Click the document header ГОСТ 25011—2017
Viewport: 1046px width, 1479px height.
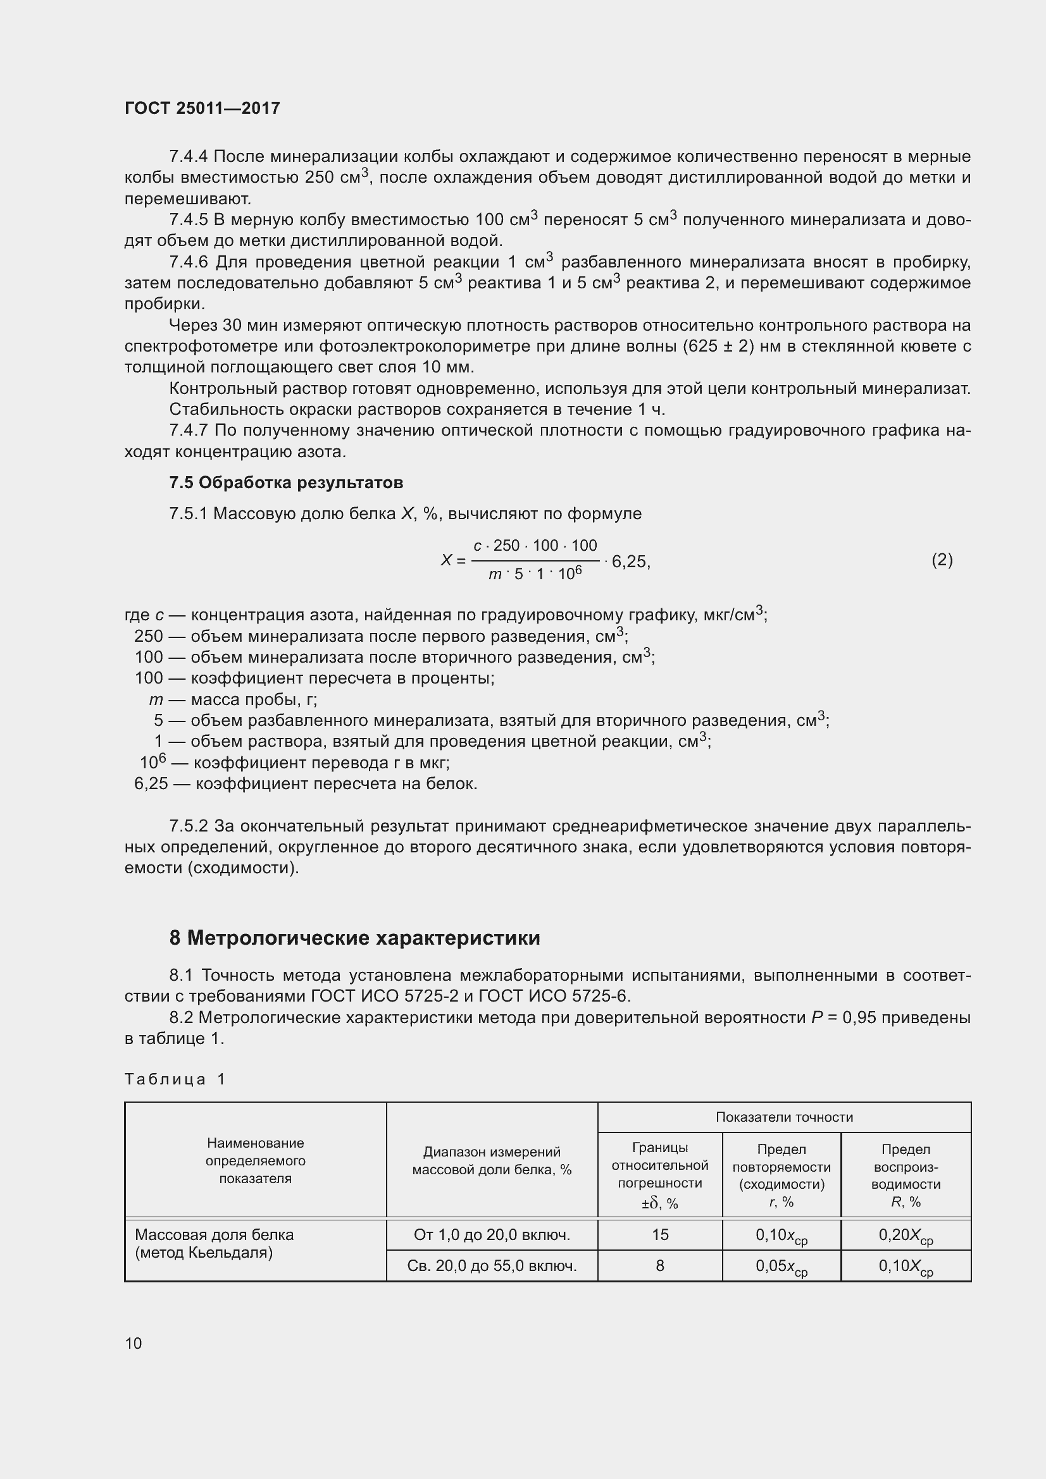pyautogui.click(x=202, y=108)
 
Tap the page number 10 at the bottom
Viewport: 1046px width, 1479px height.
pyautogui.click(x=134, y=1343)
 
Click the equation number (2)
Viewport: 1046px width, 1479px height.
pyautogui.click(x=942, y=560)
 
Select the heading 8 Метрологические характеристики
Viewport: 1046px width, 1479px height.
pyautogui.click(x=354, y=938)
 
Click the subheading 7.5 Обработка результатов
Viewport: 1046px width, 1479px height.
pyautogui.click(x=286, y=482)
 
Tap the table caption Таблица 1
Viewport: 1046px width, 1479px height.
pyautogui.click(x=175, y=1079)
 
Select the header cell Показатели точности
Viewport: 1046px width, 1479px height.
pyautogui.click(x=783, y=1117)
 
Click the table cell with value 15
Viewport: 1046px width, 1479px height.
pyautogui.click(x=660, y=1234)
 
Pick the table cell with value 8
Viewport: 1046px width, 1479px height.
pyautogui.click(x=660, y=1266)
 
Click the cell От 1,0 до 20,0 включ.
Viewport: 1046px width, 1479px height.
pyautogui.click(x=492, y=1235)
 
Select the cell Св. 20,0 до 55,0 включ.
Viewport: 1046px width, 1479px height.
pyautogui.click(x=492, y=1266)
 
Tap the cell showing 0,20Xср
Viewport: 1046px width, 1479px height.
pyautogui.click(x=906, y=1236)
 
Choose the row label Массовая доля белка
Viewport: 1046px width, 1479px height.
pyautogui.click(x=214, y=1235)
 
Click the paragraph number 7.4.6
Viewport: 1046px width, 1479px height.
pyautogui.click(x=188, y=262)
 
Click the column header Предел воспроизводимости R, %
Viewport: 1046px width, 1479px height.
pyautogui.click(x=906, y=1175)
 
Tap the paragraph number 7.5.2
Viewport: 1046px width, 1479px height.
pyautogui.click(x=188, y=826)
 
